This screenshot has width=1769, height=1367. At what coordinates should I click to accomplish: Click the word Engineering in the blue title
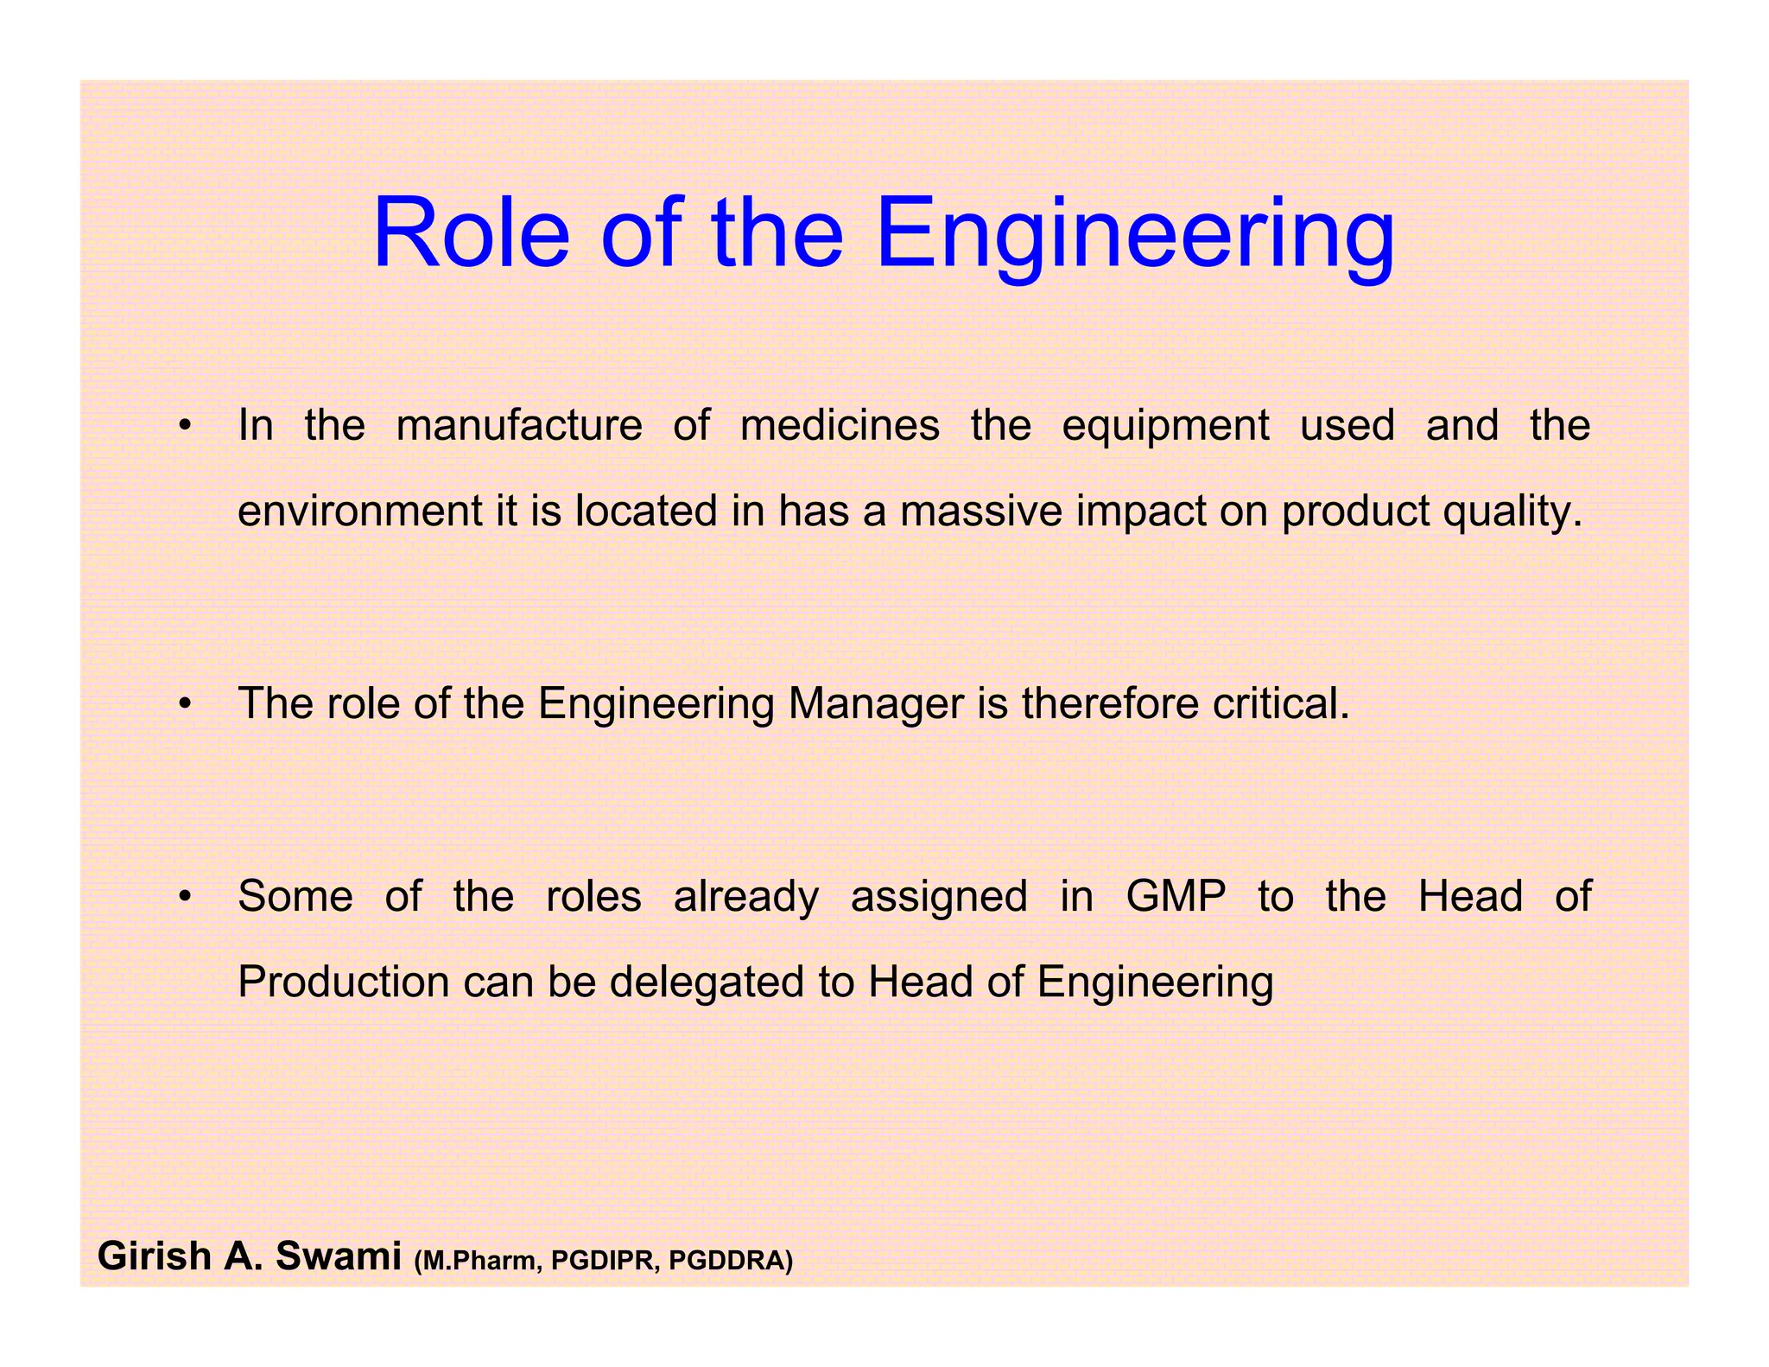point(1134,235)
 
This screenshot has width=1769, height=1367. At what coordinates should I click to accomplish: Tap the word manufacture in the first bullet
point(519,425)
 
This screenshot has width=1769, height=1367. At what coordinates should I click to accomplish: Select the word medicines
point(840,425)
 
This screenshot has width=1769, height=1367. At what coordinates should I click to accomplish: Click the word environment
point(359,511)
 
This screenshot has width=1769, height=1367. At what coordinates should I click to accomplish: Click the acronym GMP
point(1176,896)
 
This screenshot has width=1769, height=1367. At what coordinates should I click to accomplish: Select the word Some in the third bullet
point(295,896)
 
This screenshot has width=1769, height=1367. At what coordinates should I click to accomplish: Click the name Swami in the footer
point(338,1256)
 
